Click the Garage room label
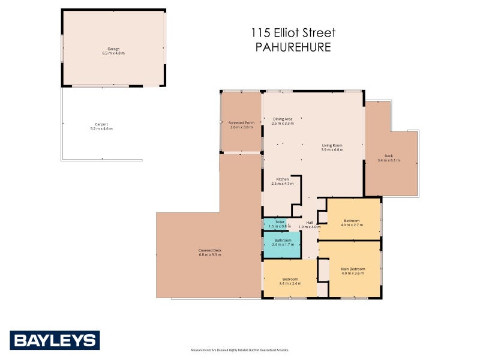pos(113,48)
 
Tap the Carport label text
pos(101,124)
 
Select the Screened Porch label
pos(242,123)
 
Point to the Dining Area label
pos(283,119)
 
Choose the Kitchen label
pos(282,179)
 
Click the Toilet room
pos(280,224)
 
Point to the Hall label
pos(310,223)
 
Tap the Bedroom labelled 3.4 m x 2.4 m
pos(290,281)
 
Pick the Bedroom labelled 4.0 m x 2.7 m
pos(352,223)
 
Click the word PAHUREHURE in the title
pos(293,47)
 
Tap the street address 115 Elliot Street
pos(293,33)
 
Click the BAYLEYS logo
pos(54,340)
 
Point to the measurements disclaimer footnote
pos(240,350)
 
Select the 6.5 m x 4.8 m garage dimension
pos(113,53)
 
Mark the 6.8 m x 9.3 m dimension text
pos(210,255)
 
